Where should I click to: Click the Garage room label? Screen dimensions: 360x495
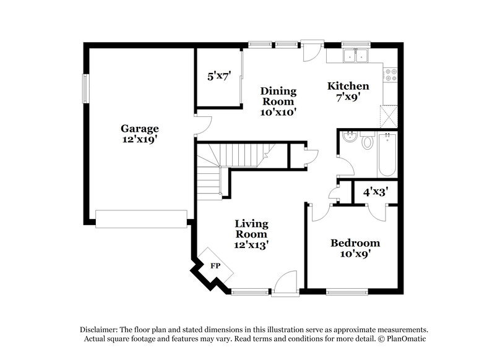click(139, 129)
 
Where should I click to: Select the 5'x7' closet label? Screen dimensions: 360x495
click(218, 76)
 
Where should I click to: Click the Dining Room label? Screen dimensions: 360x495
click(278, 96)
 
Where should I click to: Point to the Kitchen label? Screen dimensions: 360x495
click(348, 86)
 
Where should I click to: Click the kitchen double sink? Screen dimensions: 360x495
click(355, 56)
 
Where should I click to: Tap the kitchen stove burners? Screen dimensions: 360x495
click(390, 75)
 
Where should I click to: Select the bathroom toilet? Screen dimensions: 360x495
click(367, 142)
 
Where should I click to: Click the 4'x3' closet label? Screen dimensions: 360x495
click(376, 192)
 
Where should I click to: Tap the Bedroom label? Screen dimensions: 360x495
click(355, 243)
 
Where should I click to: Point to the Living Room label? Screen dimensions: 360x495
click(251, 229)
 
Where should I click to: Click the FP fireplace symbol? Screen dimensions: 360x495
click(215, 265)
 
